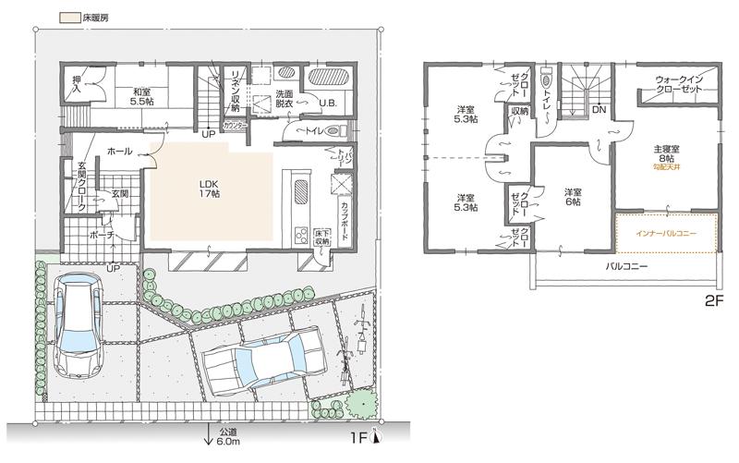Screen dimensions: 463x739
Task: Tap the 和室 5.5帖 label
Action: point(141,97)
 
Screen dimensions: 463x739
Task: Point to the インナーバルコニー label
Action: point(666,233)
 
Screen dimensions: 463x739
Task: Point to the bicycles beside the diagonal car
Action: point(355,347)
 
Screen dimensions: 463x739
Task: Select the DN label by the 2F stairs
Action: point(599,109)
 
